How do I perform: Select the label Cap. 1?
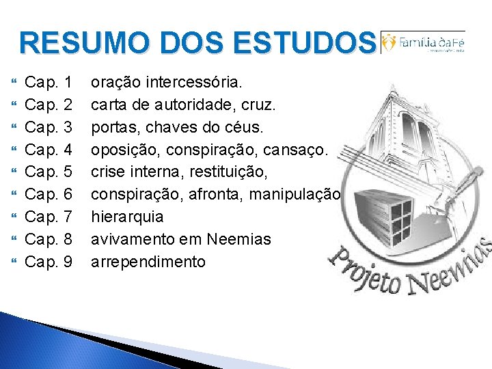(49, 83)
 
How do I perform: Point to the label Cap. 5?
(49, 172)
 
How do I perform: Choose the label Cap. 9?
(49, 262)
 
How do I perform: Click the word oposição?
(121, 150)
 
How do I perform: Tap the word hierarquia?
(127, 217)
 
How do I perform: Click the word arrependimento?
(148, 262)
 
